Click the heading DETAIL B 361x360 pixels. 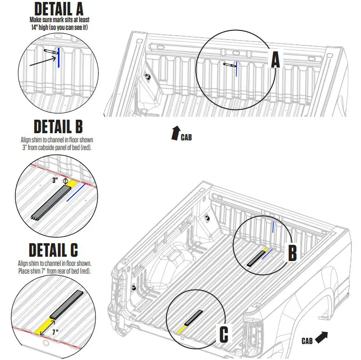click(x=58, y=127)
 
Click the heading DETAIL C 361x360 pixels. click(x=53, y=250)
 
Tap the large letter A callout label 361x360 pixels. click(x=275, y=60)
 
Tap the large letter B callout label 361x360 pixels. click(x=293, y=253)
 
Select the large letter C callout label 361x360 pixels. click(x=224, y=334)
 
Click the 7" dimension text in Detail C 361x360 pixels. click(x=55, y=332)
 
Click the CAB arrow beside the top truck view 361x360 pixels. click(x=175, y=133)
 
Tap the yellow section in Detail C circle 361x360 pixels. click(x=44, y=325)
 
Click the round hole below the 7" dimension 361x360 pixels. click(x=47, y=344)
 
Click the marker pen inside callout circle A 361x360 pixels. click(x=229, y=65)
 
